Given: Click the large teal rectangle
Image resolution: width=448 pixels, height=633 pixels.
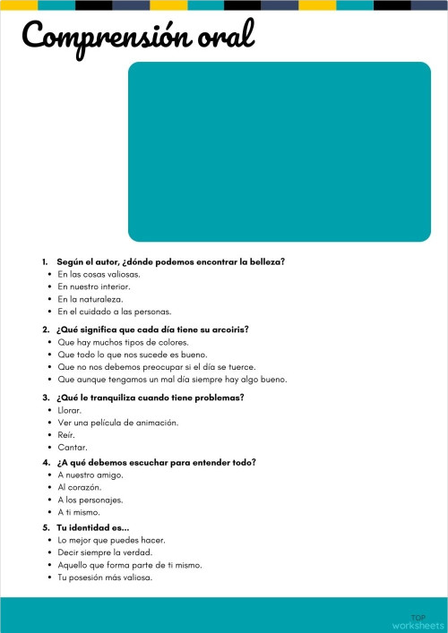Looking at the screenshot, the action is tap(280, 151).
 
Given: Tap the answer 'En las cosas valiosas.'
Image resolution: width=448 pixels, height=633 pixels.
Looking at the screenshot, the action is tap(99, 274).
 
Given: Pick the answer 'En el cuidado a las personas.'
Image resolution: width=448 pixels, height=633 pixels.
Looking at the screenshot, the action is tap(114, 312).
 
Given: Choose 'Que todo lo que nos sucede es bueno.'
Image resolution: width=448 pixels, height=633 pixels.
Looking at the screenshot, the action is tap(133, 355).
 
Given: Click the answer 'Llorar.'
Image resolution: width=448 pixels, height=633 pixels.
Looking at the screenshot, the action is tap(70, 409).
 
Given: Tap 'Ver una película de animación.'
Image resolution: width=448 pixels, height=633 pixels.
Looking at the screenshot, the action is tap(117, 422).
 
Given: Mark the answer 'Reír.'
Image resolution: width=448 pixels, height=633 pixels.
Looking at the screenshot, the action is tap(67, 434).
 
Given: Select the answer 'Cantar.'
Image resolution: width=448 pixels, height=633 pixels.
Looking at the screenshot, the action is tap(73, 447).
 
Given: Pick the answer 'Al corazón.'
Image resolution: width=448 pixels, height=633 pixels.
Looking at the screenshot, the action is tap(80, 487).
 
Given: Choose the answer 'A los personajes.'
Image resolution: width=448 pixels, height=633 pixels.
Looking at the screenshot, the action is tap(90, 500).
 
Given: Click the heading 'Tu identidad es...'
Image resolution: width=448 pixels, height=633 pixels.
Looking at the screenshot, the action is tap(93, 527).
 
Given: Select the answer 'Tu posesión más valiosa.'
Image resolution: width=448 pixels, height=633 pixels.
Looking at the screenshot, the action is tap(105, 577).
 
